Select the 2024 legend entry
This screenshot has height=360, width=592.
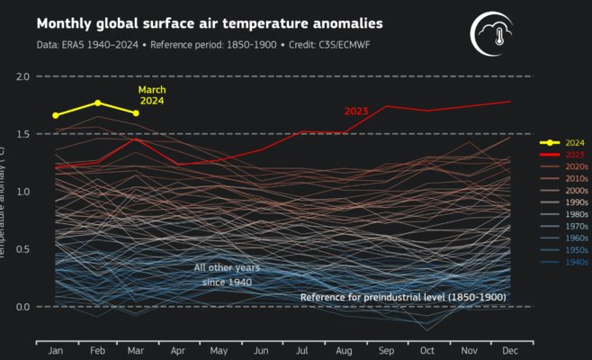click(x=552, y=142)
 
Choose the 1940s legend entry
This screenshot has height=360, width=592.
click(x=552, y=263)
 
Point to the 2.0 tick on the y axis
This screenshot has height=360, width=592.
click(x=22, y=76)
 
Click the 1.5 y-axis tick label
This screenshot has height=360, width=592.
click(x=22, y=134)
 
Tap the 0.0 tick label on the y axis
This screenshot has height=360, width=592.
click(x=22, y=307)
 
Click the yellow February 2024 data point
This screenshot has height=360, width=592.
click(x=97, y=103)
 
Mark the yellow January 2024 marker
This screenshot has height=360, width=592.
click(x=56, y=115)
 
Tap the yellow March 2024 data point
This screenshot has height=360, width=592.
click(x=136, y=113)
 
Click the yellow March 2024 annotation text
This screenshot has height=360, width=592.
click(x=152, y=95)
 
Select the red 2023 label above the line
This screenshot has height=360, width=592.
click(x=358, y=112)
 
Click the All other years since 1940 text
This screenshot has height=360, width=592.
click(x=224, y=275)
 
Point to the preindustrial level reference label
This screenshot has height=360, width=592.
click(x=402, y=297)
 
